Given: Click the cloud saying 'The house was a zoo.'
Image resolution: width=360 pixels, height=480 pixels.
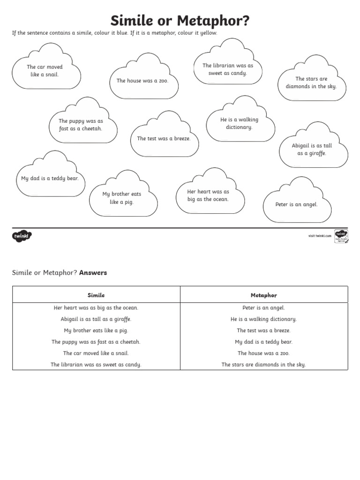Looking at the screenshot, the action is [142, 81].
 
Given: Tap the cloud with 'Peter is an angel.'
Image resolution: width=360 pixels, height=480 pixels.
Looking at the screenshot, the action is [297, 204].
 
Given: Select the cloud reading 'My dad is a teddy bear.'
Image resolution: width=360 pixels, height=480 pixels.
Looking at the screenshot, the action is [50, 179].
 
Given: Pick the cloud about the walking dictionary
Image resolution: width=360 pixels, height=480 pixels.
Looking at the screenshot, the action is [240, 123].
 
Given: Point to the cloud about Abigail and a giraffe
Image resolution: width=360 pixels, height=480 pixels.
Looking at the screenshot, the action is [312, 150].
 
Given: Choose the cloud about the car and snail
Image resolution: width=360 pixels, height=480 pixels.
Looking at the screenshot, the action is [45, 71].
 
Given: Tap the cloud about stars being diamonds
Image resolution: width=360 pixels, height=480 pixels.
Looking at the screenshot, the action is [311, 82].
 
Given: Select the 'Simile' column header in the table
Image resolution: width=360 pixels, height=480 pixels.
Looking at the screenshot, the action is [96, 295].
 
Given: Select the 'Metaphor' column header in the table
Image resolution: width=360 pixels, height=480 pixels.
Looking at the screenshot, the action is [264, 295].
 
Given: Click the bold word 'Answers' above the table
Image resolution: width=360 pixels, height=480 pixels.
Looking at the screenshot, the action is [93, 272].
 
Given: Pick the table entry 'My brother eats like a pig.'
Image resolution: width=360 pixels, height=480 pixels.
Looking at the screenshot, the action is [96, 330].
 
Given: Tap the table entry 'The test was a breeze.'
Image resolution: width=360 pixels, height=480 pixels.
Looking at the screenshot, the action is [264, 330].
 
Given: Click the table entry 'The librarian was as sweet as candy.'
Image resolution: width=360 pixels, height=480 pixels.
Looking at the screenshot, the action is [96, 365].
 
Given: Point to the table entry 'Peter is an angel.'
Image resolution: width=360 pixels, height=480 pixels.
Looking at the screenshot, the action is [264, 308].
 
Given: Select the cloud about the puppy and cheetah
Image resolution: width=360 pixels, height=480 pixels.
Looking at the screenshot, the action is [81, 125].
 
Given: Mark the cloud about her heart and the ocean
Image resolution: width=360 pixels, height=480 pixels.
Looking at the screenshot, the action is [208, 195].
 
